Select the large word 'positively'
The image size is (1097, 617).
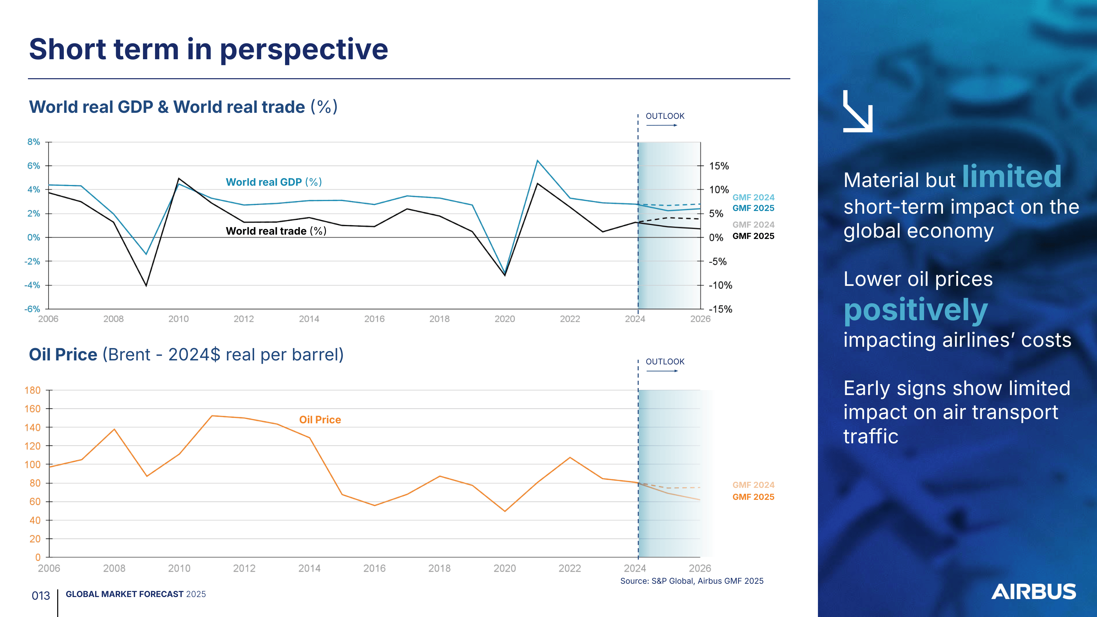[x=916, y=310]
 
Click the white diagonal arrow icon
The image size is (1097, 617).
[x=858, y=111]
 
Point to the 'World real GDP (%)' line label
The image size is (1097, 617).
[x=273, y=182]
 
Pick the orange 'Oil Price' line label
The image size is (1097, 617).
[x=320, y=420]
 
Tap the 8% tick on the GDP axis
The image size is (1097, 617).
[x=34, y=142]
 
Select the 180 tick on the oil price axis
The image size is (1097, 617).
[x=32, y=390]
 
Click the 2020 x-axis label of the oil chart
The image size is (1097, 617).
[x=505, y=568]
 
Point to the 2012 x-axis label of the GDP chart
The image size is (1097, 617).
[x=243, y=319]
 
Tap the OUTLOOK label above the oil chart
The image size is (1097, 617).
[x=665, y=362]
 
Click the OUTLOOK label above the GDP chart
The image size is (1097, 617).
[x=665, y=116]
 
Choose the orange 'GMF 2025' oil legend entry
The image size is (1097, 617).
[x=753, y=497]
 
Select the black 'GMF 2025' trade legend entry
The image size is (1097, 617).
[x=753, y=236]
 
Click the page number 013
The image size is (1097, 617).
[x=41, y=596]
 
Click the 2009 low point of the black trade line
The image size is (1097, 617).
[x=146, y=286]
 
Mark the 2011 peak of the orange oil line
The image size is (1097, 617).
[x=212, y=416]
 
